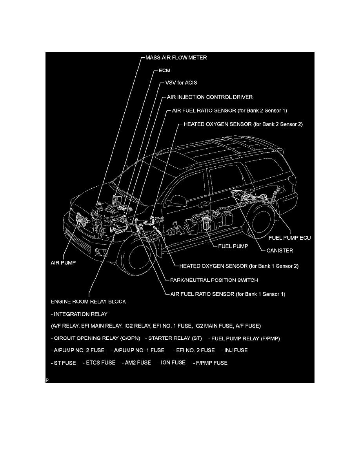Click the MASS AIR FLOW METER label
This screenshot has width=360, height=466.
click(x=176, y=58)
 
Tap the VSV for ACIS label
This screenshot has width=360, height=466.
click(x=179, y=83)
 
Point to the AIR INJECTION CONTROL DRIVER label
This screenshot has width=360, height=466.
click(x=210, y=97)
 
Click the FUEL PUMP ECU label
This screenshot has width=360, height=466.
click(x=289, y=238)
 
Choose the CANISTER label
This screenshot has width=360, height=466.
click(x=280, y=250)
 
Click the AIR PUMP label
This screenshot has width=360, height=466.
click(x=64, y=264)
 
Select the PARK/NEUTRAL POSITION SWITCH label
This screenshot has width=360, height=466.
click(x=214, y=280)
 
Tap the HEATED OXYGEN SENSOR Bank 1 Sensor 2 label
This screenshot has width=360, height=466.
click(x=239, y=266)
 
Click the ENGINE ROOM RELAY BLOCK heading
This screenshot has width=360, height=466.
click(x=89, y=302)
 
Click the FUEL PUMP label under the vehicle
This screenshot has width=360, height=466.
click(x=233, y=247)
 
